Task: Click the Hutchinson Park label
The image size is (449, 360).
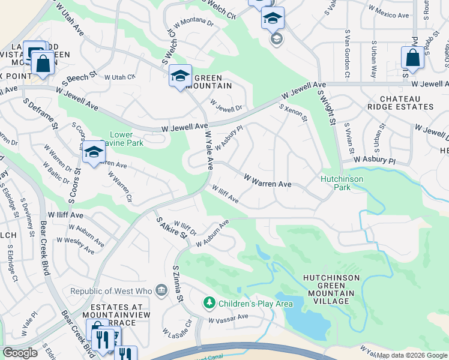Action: (343, 182)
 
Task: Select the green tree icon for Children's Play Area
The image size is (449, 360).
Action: (209, 304)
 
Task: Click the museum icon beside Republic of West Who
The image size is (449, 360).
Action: (161, 292)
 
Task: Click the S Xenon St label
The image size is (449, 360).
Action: (294, 113)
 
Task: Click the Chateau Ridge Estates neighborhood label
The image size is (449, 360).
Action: (405, 102)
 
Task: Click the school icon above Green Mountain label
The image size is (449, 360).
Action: (180, 76)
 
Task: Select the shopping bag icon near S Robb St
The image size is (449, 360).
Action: (412, 58)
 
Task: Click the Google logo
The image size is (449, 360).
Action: (20, 353)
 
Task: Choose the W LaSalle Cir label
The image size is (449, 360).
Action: (177, 327)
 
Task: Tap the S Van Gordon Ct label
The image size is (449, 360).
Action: (346, 53)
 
